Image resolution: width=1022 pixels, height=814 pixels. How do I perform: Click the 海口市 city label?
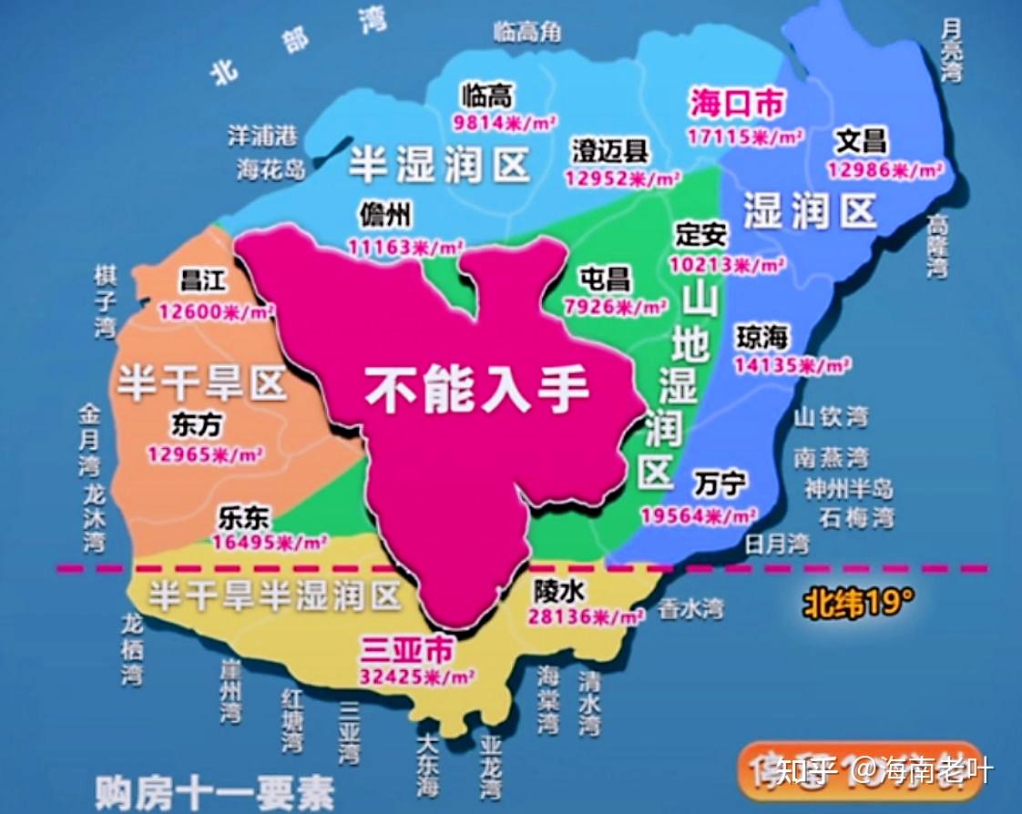click(x=736, y=103)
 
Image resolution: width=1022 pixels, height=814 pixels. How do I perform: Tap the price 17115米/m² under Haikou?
click(x=745, y=137)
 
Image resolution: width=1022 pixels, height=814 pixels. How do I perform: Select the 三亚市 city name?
click(x=407, y=649)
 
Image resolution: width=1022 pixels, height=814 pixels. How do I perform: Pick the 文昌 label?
click(x=861, y=141)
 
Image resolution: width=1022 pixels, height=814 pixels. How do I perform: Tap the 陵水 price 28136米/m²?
click(x=585, y=616)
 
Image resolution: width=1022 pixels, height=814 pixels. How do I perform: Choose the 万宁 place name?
click(x=720, y=483)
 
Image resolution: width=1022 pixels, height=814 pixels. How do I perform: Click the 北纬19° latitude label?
click(x=857, y=602)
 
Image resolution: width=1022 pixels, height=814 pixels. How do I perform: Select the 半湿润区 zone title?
click(x=440, y=165)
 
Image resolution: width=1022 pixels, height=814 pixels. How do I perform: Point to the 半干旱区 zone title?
click(x=201, y=385)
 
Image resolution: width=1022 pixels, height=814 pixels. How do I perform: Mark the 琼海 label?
click(x=761, y=336)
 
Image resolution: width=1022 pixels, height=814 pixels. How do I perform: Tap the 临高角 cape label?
click(x=527, y=32)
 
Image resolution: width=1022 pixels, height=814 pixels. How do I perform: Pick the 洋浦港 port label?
click(x=262, y=136)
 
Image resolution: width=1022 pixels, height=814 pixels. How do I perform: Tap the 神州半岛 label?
click(x=848, y=488)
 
